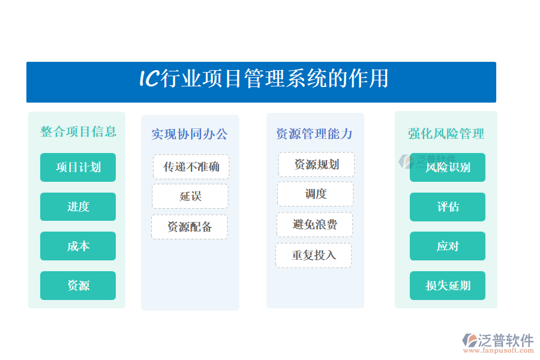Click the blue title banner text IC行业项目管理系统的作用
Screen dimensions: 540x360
click(264, 79)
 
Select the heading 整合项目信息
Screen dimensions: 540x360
click(79, 131)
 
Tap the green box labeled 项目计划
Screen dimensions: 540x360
click(78, 167)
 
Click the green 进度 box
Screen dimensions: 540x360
click(78, 206)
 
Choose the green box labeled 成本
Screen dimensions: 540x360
click(78, 246)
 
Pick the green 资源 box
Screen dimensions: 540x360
click(78, 286)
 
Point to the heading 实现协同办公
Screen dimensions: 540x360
click(190, 134)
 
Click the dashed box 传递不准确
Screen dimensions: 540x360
click(191, 167)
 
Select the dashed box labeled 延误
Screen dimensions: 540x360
click(190, 196)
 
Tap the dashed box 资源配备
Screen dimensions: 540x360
click(190, 227)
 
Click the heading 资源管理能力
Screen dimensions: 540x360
click(314, 134)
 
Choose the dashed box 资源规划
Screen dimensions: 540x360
click(316, 164)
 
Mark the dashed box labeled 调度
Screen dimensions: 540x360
click(316, 194)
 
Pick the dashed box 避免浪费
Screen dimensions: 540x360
click(315, 224)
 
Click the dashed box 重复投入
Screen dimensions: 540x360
click(313, 255)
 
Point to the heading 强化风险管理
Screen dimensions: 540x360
click(446, 134)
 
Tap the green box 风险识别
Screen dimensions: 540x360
click(448, 167)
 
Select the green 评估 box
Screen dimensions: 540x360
click(448, 206)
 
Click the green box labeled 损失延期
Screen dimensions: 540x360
click(448, 286)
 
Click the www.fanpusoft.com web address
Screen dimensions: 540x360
click(499, 350)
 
